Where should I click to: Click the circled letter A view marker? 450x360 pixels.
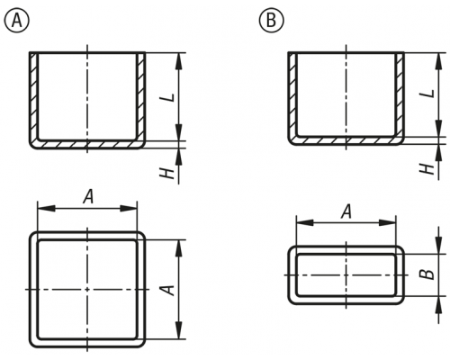click(17, 21)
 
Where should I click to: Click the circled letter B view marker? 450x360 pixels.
click(271, 21)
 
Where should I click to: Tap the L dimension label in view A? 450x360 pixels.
click(170, 97)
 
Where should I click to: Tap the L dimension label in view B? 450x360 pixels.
click(429, 94)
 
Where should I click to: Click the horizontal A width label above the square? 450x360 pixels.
click(88, 197)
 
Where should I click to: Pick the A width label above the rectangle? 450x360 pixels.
click(346, 211)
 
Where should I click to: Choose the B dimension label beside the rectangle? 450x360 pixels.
click(428, 274)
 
